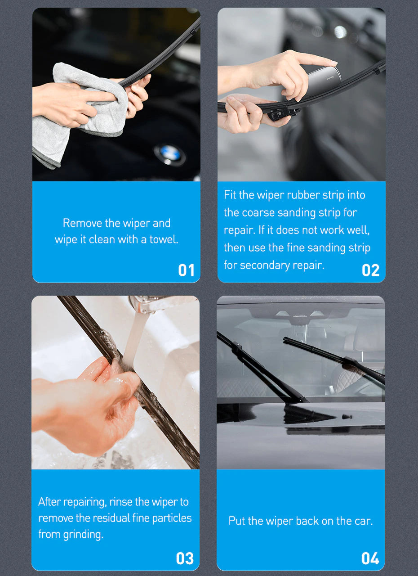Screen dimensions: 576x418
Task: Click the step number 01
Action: pyautogui.click(x=186, y=270)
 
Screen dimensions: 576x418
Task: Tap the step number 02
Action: pyautogui.click(x=370, y=270)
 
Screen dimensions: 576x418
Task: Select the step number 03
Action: pyautogui.click(x=185, y=558)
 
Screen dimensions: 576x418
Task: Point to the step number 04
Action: pyautogui.click(x=370, y=558)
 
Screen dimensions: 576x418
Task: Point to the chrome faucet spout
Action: pyautogui.click(x=144, y=304)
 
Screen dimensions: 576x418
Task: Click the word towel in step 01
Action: pyautogui.click(x=164, y=239)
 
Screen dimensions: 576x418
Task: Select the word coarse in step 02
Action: pyautogui.click(x=258, y=212)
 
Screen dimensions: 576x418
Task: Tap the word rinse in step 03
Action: pyautogui.click(x=122, y=502)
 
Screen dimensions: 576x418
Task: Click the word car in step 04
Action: pyautogui.click(x=363, y=521)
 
